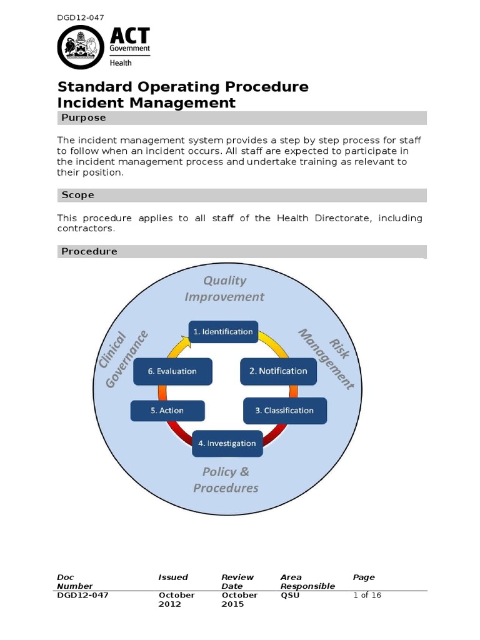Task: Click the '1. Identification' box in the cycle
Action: [x=222, y=332]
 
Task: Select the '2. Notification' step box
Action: [x=278, y=371]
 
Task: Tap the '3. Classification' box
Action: [x=284, y=411]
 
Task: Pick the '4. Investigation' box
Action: [x=227, y=443]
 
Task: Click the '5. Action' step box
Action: [x=167, y=411]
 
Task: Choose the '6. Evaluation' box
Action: [x=172, y=371]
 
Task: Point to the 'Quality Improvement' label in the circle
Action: [x=224, y=289]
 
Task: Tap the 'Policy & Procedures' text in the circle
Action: [x=226, y=479]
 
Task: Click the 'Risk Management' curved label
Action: [x=325, y=357]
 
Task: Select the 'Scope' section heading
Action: [x=78, y=196]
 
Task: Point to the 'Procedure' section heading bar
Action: [x=242, y=252]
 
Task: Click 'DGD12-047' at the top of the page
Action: [x=81, y=17]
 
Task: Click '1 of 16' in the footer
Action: [x=367, y=596]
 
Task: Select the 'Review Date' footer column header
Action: [x=237, y=582]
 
